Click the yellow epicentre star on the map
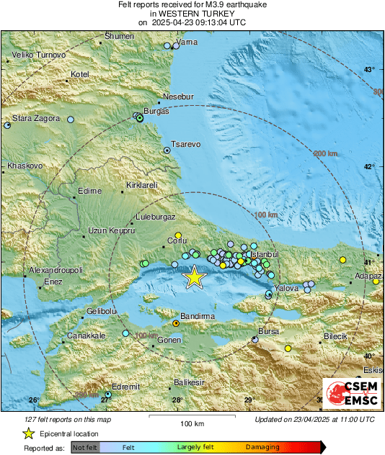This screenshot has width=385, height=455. click(x=193, y=277)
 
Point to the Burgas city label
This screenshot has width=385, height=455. click(x=156, y=112)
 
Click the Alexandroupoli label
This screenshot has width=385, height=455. click(x=56, y=270)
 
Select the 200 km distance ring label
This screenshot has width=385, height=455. click(x=326, y=153)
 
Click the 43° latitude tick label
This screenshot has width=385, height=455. click(x=369, y=70)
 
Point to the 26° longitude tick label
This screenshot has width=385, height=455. click(x=33, y=400)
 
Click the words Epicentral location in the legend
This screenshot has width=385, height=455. click(x=69, y=434)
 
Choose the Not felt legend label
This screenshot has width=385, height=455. click(x=84, y=447)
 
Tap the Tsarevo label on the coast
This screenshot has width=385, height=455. click(x=185, y=144)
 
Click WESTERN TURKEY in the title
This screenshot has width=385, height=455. click(x=192, y=14)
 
